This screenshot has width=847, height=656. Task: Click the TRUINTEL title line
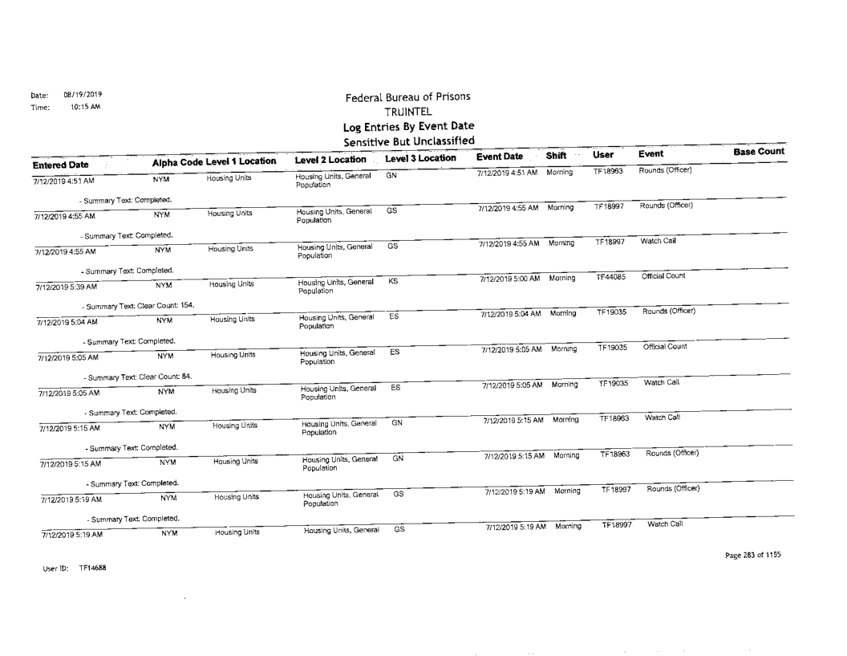(x=408, y=112)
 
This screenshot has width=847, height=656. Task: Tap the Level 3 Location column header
(x=420, y=160)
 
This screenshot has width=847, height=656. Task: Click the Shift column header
(x=556, y=157)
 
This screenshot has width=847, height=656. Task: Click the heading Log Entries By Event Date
(x=408, y=127)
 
